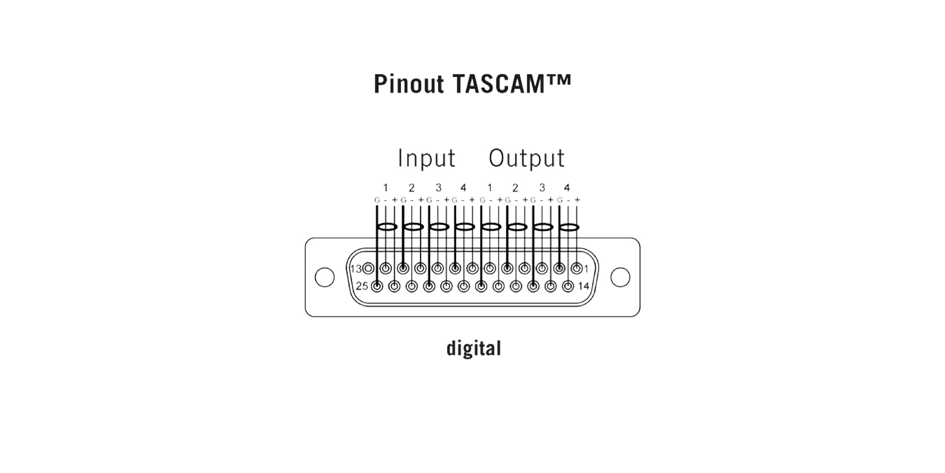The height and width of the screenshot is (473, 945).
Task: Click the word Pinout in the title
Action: point(409,84)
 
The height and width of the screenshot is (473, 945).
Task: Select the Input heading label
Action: point(427,158)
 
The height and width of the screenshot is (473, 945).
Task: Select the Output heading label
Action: point(527,158)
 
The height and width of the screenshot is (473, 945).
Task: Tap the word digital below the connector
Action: point(474,348)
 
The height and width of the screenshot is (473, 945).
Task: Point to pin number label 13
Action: point(356,269)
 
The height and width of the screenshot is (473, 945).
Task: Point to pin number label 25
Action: point(362,286)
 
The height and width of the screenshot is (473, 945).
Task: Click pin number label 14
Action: point(584,286)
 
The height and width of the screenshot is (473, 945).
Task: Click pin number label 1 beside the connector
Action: point(586,269)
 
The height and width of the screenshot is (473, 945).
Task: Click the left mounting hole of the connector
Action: point(325,277)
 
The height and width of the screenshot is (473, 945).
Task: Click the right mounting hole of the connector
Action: point(620,277)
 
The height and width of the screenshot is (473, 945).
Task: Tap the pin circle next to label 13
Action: point(369,269)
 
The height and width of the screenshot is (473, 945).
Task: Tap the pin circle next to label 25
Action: point(377,286)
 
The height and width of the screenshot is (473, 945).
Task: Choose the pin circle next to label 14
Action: point(568,286)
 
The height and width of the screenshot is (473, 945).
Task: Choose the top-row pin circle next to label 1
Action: point(577,269)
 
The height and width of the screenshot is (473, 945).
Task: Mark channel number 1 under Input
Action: point(386,188)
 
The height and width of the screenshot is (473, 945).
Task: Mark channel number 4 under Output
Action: point(567,188)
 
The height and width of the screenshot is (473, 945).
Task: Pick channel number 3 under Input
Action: point(438,188)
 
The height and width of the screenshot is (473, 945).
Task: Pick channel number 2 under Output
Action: point(515,188)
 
